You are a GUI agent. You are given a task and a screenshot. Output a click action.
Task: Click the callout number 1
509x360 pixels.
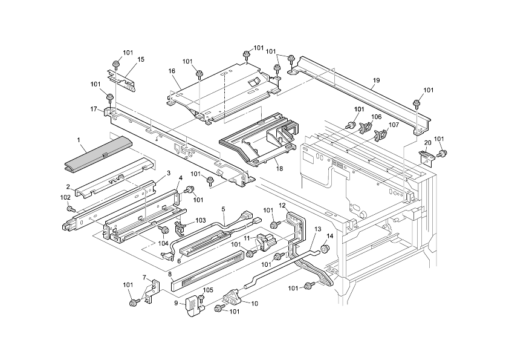(79, 140)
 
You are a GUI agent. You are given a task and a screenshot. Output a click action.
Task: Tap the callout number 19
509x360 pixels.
(376, 80)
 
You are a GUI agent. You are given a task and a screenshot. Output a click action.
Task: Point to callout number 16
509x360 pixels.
(172, 71)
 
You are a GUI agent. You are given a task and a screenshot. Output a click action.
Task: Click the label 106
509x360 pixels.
(376, 117)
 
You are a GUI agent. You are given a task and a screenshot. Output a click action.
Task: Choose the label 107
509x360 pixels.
(394, 125)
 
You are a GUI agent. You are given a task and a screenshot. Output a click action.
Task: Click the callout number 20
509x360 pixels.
(427, 143)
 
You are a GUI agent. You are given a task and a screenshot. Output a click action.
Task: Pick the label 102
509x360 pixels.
(65, 197)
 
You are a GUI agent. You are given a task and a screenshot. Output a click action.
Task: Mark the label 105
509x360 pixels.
(208, 290)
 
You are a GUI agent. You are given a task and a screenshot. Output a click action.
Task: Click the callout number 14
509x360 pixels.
(330, 235)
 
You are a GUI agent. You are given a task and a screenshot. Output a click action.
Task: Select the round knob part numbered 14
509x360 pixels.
(324, 247)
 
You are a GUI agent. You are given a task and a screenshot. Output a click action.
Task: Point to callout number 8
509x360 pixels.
(170, 274)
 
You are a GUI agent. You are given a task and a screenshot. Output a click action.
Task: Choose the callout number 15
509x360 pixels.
(141, 59)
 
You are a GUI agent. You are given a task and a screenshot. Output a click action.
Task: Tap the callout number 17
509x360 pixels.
(94, 109)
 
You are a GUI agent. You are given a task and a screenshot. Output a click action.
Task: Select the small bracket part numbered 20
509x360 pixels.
(427, 156)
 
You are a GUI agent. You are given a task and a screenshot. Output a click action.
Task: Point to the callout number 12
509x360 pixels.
(282, 206)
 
